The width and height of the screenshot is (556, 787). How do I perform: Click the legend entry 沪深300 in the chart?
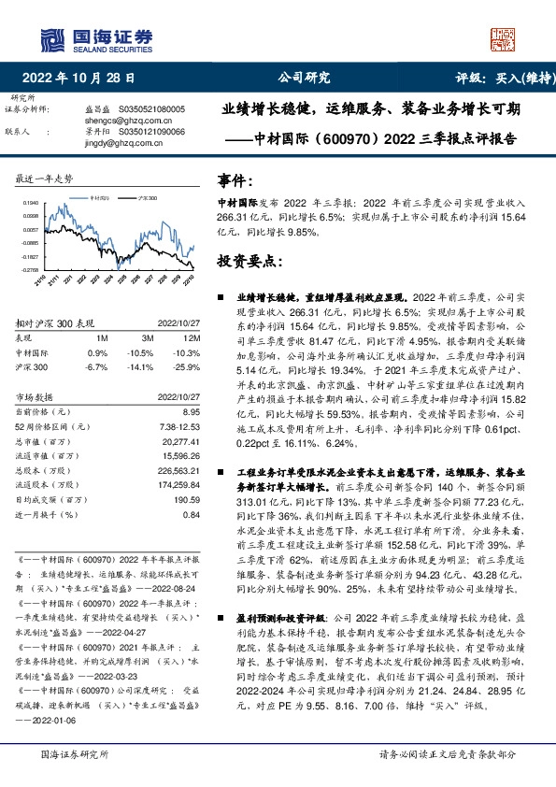click(146, 198)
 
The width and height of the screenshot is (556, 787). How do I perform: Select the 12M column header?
click(192, 337)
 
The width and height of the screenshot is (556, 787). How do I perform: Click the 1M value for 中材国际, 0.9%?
click(98, 351)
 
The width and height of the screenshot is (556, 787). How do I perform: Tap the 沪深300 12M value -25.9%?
click(189, 366)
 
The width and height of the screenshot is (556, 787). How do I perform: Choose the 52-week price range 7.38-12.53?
click(181, 426)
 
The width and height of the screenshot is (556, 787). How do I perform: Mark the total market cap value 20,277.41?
click(181, 440)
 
